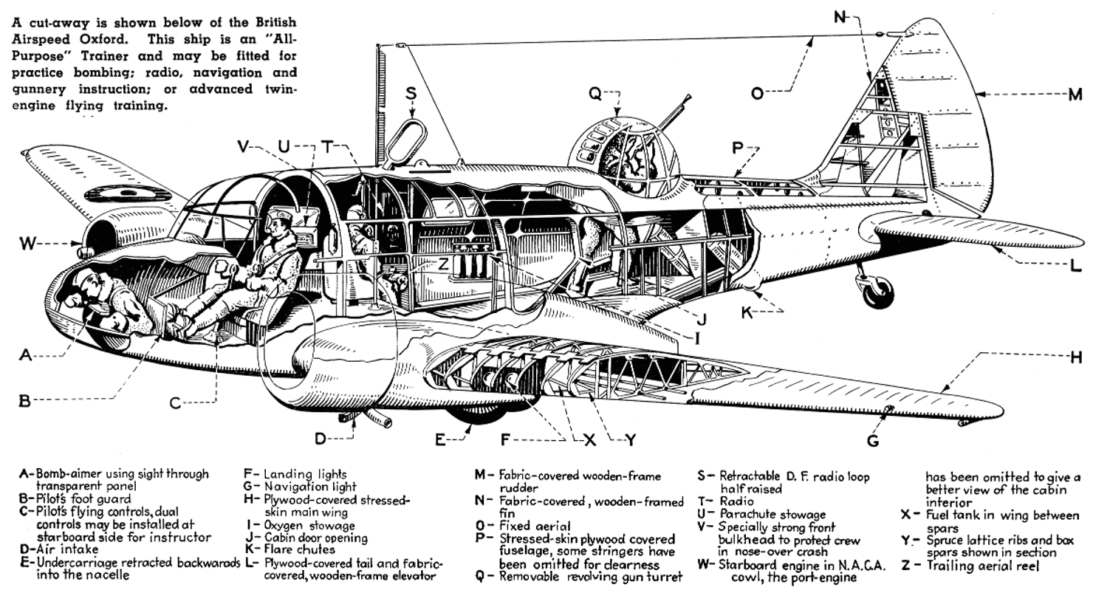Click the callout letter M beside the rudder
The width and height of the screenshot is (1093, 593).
[1076, 94]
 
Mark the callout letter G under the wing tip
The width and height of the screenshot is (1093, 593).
[874, 441]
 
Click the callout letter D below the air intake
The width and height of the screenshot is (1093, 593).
[320, 439]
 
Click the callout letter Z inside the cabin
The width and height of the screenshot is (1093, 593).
[442, 263]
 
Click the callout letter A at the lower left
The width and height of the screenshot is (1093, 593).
[27, 355]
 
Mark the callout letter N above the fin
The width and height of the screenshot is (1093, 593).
[840, 17]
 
